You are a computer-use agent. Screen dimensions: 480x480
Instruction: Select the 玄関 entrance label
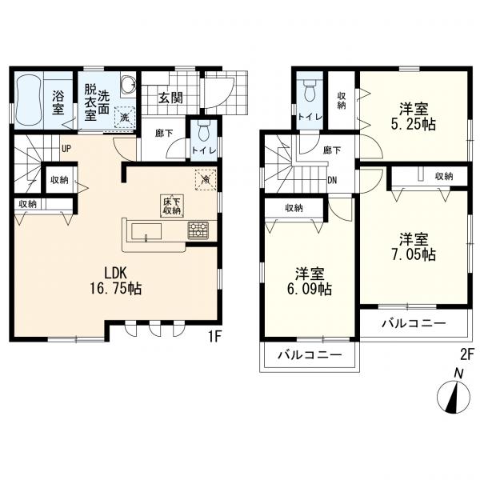point(169,98)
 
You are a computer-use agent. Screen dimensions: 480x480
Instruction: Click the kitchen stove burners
point(197,232)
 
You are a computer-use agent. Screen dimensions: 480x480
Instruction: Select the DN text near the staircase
point(331,180)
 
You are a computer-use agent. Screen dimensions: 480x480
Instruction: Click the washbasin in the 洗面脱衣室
point(127,86)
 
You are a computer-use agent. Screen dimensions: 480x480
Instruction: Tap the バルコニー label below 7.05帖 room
point(412,324)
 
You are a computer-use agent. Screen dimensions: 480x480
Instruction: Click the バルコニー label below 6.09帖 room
point(310,356)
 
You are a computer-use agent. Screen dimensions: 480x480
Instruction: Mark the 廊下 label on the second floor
point(331,149)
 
